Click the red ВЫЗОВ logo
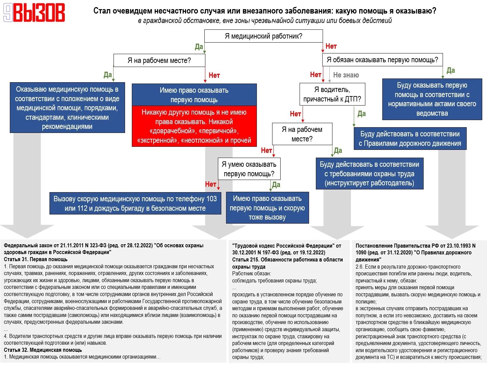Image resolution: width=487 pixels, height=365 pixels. [34, 13]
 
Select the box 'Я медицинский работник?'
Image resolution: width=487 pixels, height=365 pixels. [263, 36]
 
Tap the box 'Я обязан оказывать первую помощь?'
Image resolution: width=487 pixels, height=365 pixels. [382, 60]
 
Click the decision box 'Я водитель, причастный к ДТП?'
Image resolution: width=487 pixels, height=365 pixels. [332, 94]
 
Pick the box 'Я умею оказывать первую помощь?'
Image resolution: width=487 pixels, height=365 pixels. [249, 169]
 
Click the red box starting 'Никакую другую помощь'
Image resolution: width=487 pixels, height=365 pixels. [194, 126]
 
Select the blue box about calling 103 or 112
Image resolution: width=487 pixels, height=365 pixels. [135, 203]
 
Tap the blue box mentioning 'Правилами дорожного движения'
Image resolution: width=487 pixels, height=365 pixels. [410, 139]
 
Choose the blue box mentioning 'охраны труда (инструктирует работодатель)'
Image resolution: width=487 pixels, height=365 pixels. [369, 174]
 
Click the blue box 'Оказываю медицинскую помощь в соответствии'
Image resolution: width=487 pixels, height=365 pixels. [67, 108]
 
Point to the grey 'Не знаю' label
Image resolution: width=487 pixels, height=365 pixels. [346, 75]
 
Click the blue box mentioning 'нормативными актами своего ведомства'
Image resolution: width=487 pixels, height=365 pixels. [432, 99]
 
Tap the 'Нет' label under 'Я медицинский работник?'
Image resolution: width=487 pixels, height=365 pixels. [331, 46]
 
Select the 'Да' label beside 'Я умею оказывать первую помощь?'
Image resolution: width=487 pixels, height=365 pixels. [276, 185]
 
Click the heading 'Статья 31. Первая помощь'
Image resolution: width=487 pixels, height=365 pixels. [36, 259]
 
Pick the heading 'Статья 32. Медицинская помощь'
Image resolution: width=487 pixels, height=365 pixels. [43, 350]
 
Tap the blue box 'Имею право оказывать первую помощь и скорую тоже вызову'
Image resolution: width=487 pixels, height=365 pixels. [267, 208]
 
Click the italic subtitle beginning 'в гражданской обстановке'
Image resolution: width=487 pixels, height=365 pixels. [265, 21]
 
